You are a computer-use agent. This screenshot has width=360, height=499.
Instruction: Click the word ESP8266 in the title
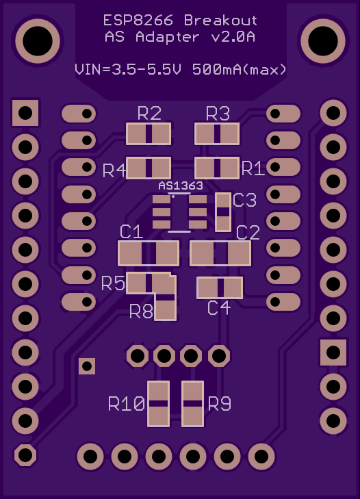click(138, 21)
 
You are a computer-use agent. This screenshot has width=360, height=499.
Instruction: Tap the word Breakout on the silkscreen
click(220, 21)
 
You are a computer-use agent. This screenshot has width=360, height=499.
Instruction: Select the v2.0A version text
click(233, 37)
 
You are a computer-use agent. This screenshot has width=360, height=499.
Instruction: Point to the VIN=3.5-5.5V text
click(128, 69)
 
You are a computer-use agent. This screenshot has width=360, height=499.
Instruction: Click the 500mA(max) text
click(240, 69)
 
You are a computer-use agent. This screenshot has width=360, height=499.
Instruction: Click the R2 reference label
click(149, 114)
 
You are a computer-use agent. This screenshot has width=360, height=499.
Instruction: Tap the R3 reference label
click(218, 114)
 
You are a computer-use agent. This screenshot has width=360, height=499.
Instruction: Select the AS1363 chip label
click(181, 185)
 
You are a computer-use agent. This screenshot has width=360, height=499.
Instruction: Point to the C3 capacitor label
click(244, 200)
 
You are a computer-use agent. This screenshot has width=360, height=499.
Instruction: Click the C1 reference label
click(131, 231)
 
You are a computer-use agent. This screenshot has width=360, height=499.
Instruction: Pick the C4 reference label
click(219, 308)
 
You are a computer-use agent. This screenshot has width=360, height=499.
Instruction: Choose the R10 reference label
click(127, 404)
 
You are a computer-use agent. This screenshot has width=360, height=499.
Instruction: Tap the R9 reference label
click(219, 404)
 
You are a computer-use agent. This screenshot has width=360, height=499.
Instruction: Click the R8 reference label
click(141, 311)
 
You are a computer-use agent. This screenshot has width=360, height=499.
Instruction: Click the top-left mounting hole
click(38, 41)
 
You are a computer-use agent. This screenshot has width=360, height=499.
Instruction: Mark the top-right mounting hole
click(323, 41)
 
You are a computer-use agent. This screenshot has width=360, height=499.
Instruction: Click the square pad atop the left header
click(25, 113)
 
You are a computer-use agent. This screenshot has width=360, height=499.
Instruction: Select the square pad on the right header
click(333, 353)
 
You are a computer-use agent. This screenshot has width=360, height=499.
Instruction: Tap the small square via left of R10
click(87, 366)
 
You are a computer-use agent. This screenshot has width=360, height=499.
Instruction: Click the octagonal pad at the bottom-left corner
click(25, 455)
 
